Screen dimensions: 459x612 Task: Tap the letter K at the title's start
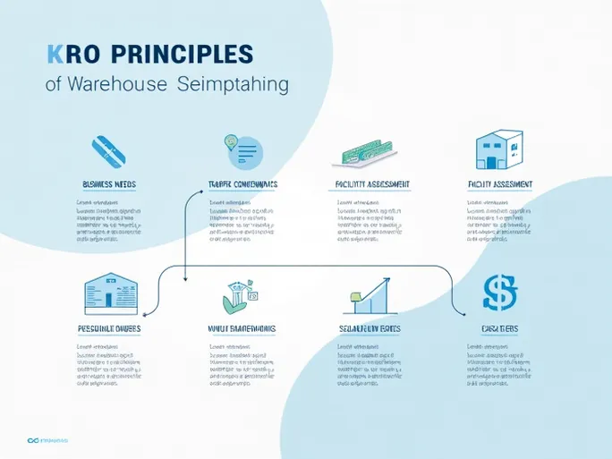pos(54,53)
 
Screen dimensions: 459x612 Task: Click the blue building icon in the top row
pos(499,149)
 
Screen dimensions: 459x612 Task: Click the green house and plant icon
pos(241,294)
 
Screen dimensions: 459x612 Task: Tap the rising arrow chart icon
pos(370,294)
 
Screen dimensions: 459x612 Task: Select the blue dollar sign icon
pos(499,292)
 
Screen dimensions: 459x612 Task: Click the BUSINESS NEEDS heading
pos(109,184)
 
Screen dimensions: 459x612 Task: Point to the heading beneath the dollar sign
pos(499,329)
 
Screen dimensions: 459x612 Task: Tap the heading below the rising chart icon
pos(370,329)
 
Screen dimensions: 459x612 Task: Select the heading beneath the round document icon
pos(242,184)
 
